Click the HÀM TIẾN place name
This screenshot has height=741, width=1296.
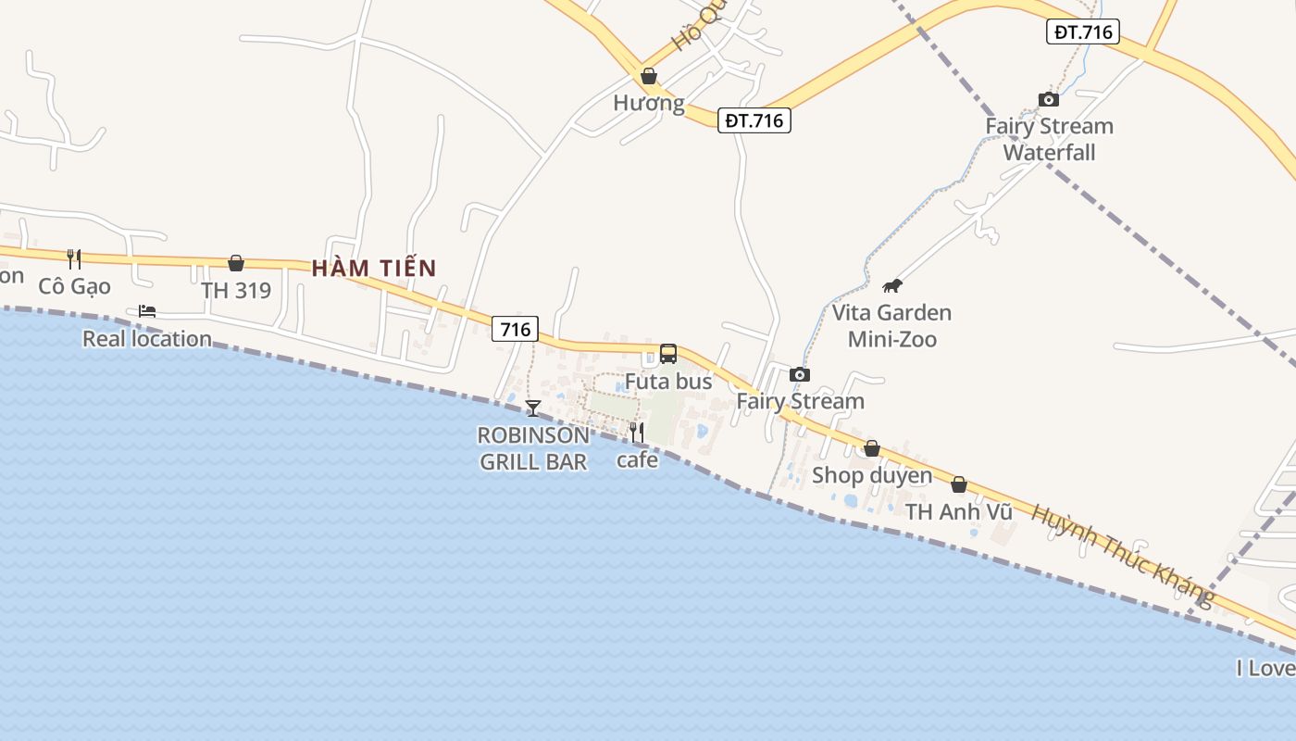click(x=373, y=269)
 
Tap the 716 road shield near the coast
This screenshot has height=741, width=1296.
click(x=515, y=329)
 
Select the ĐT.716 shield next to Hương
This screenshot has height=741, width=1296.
click(x=754, y=120)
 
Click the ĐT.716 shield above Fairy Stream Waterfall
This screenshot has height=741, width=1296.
click(x=1084, y=32)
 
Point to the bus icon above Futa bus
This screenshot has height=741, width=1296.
click(x=668, y=354)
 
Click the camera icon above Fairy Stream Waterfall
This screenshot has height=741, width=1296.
click(x=1049, y=99)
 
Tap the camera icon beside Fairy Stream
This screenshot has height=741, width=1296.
click(x=800, y=375)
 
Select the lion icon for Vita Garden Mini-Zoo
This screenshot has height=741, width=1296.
click(x=892, y=285)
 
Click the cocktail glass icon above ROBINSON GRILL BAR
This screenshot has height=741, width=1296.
click(x=533, y=408)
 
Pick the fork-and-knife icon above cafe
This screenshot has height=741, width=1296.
click(x=637, y=432)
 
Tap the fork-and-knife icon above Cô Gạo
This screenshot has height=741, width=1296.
click(x=74, y=259)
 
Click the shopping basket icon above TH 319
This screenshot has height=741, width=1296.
click(x=236, y=264)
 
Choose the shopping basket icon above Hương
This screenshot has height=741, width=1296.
click(x=649, y=76)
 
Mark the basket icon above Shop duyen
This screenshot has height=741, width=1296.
click(x=872, y=449)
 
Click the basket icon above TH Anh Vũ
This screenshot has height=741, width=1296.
click(x=959, y=484)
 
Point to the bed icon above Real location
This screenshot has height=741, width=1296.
click(x=147, y=311)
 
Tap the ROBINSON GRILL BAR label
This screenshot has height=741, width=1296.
click(x=533, y=448)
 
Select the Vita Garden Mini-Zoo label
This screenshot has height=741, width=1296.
click(x=891, y=326)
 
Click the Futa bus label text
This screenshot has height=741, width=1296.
click(x=668, y=382)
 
